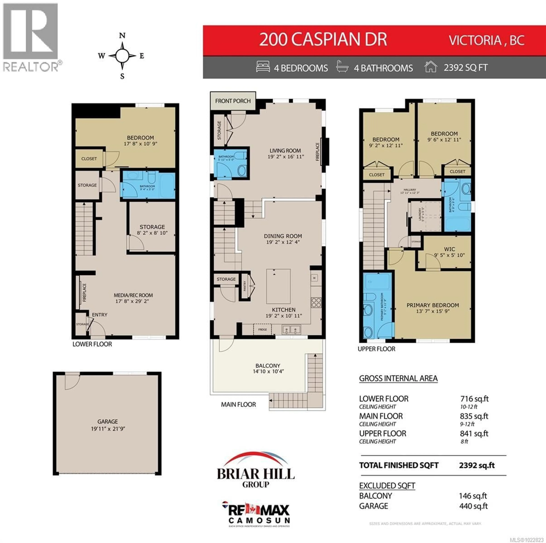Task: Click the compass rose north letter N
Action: tap(122, 36)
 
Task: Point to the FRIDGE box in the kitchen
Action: tap(262, 329)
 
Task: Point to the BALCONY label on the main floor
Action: tap(268, 366)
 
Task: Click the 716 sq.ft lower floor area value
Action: tap(474, 399)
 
